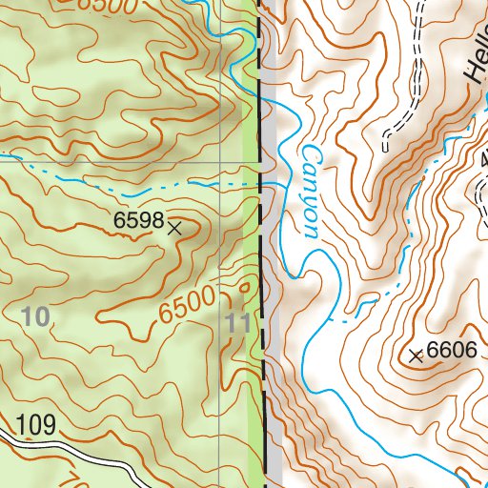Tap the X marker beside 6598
pos(174,228)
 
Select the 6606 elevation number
pos(451,350)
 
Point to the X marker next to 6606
pos(416,356)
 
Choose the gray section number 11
pos(239,322)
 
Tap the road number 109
pos(35,425)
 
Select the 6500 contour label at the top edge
pos(100,6)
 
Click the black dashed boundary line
pos(258,238)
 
